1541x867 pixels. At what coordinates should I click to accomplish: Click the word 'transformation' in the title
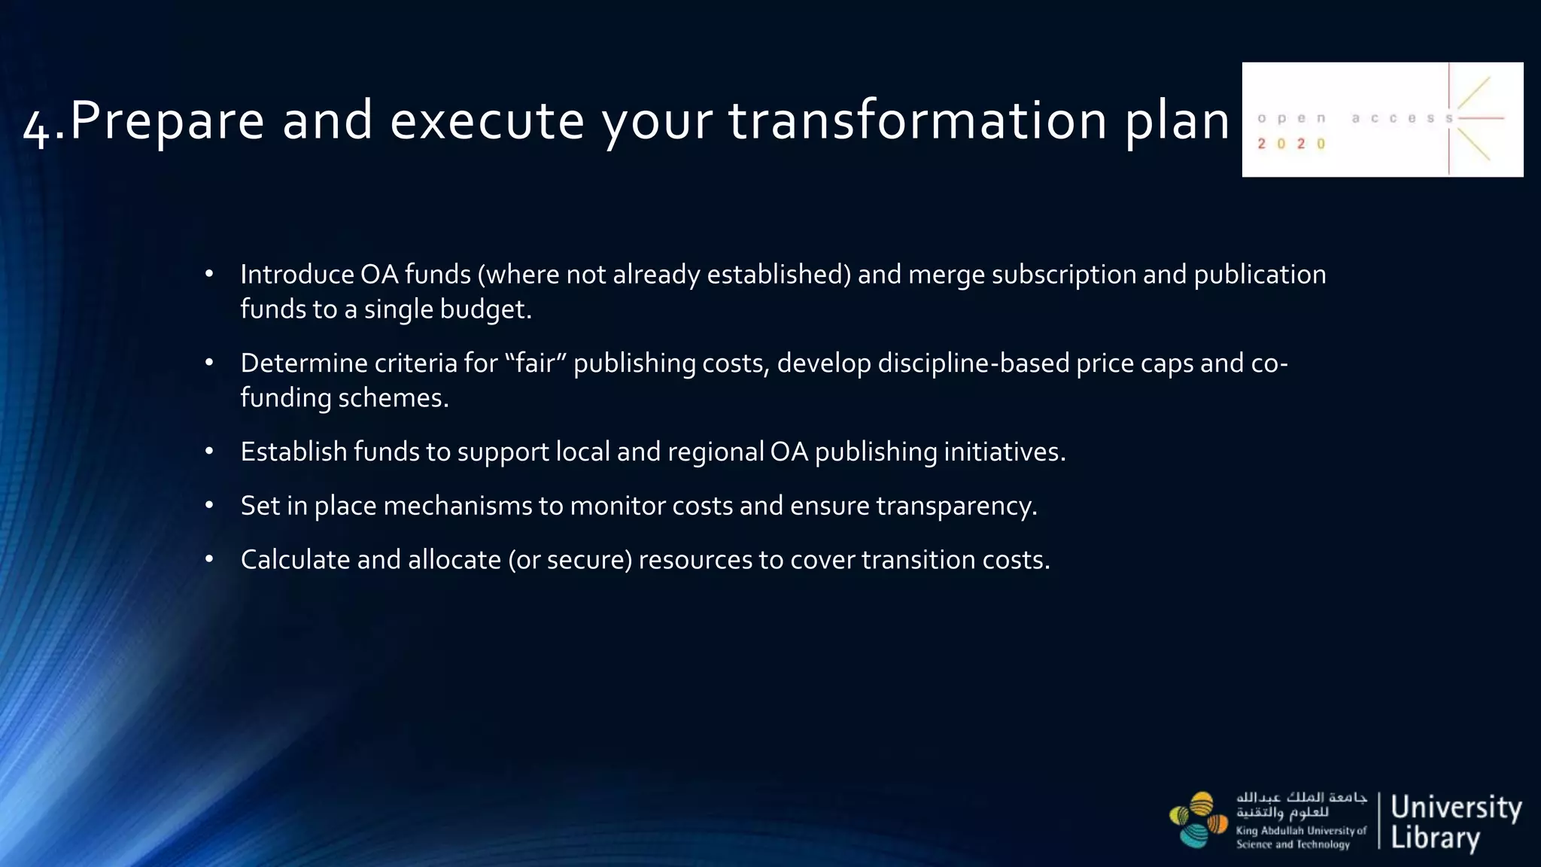[917, 120]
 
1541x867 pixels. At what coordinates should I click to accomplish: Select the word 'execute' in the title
[487, 120]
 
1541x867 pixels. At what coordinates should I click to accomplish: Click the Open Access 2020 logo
[1381, 120]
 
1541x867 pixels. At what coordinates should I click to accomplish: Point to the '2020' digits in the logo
[1291, 144]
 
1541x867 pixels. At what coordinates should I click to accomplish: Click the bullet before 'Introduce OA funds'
[209, 274]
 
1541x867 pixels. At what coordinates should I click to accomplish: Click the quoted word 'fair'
[535, 363]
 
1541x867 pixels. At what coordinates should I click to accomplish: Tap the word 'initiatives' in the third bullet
[1001, 452]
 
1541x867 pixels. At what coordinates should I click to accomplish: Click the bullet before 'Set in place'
[209, 505]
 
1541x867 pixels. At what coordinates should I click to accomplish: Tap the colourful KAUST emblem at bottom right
[1198, 820]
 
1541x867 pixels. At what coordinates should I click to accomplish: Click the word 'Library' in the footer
[1435, 838]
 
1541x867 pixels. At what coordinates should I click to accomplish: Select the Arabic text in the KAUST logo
[1301, 805]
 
